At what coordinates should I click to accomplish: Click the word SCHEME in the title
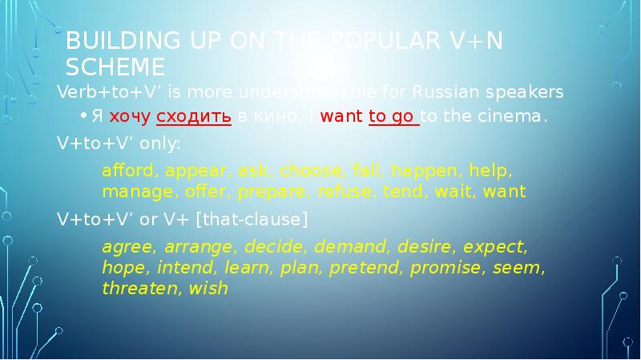(115, 66)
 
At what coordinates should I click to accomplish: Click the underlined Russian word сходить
(194, 117)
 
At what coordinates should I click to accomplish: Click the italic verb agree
(124, 245)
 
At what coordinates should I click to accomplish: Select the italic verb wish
(208, 289)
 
